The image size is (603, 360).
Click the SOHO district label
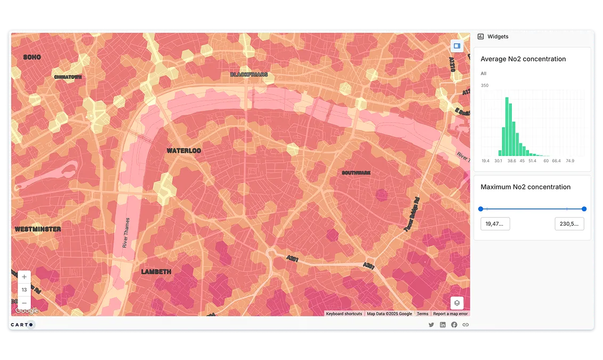click(x=32, y=57)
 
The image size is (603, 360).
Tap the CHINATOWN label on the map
click(x=68, y=77)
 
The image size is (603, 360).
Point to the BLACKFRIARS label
click(x=248, y=75)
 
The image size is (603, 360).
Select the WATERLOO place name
click(x=183, y=151)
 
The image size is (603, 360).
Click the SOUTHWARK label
click(x=356, y=173)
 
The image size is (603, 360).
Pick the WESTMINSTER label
click(x=38, y=229)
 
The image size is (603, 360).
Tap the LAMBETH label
click(x=156, y=271)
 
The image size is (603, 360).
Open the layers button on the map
click(x=457, y=303)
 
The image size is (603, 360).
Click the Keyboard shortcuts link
click(x=344, y=314)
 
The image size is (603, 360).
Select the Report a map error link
click(x=450, y=314)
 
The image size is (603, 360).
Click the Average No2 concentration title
click(x=523, y=59)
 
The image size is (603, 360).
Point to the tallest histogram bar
click(x=506, y=126)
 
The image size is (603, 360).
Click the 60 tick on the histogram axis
click(x=545, y=161)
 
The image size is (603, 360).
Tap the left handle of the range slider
click(x=481, y=209)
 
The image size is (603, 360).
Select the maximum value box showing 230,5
click(x=569, y=224)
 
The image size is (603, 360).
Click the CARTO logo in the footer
click(x=22, y=324)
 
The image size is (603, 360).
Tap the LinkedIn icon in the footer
click(x=443, y=324)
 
